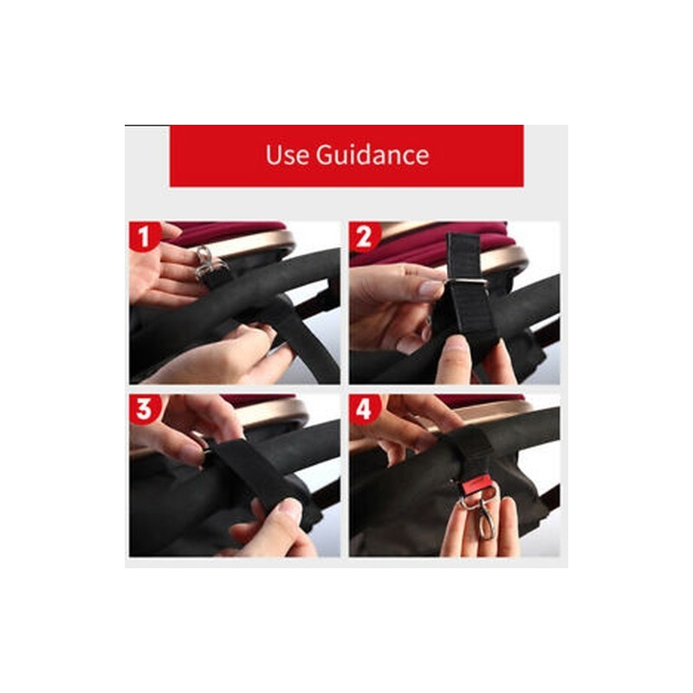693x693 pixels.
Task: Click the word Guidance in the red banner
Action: pos(372,155)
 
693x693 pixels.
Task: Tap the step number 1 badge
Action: pos(144,236)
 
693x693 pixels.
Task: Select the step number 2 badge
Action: pos(365,236)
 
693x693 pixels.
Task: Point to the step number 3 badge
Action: pos(144,409)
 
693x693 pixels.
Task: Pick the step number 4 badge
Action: pos(365,409)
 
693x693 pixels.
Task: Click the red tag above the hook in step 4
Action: pos(478,485)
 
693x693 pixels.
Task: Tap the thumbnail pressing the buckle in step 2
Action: pos(430,288)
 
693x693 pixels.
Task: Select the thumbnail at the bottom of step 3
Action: pos(293,509)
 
